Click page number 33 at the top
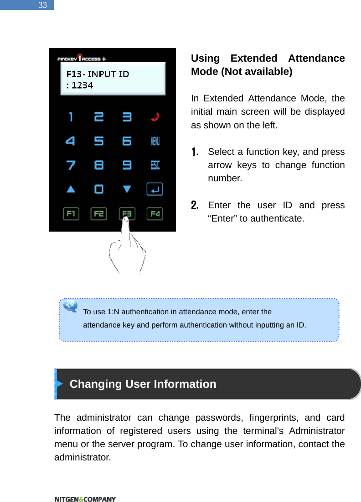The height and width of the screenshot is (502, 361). pos(42,5)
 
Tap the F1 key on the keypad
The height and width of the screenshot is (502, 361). pos(71,213)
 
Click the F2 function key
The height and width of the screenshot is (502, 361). pos(99,213)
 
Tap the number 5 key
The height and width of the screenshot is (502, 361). pos(99,141)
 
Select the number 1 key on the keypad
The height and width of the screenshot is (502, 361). pos(71,117)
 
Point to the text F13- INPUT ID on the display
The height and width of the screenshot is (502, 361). pos(98,74)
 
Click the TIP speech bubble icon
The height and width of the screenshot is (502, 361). pos(71,305)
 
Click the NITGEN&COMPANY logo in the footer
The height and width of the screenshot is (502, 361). pos(85,499)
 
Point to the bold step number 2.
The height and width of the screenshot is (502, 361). pos(194,205)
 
